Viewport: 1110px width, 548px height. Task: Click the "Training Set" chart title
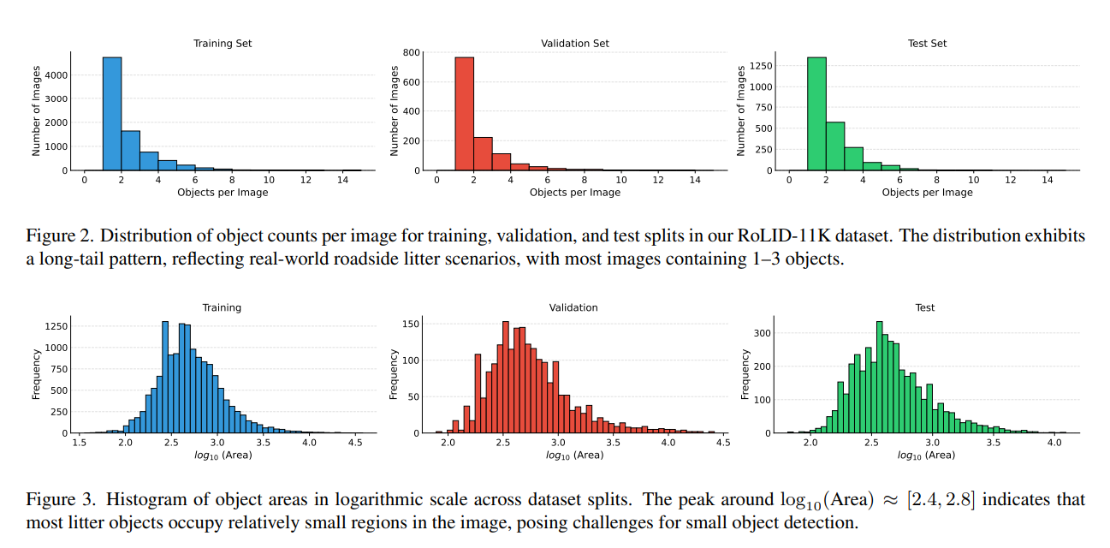(x=223, y=43)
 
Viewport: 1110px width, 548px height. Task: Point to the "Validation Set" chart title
(x=575, y=43)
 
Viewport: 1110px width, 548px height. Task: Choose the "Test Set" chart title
(x=928, y=43)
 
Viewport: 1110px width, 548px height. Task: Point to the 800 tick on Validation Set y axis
(x=411, y=52)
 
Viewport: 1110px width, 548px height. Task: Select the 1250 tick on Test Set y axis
(x=760, y=65)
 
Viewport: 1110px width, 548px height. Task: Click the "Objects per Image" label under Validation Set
(x=575, y=193)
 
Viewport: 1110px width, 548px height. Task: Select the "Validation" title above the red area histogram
(x=573, y=307)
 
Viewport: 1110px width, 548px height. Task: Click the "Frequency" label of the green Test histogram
(x=745, y=374)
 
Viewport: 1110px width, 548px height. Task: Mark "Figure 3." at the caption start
(x=54, y=499)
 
